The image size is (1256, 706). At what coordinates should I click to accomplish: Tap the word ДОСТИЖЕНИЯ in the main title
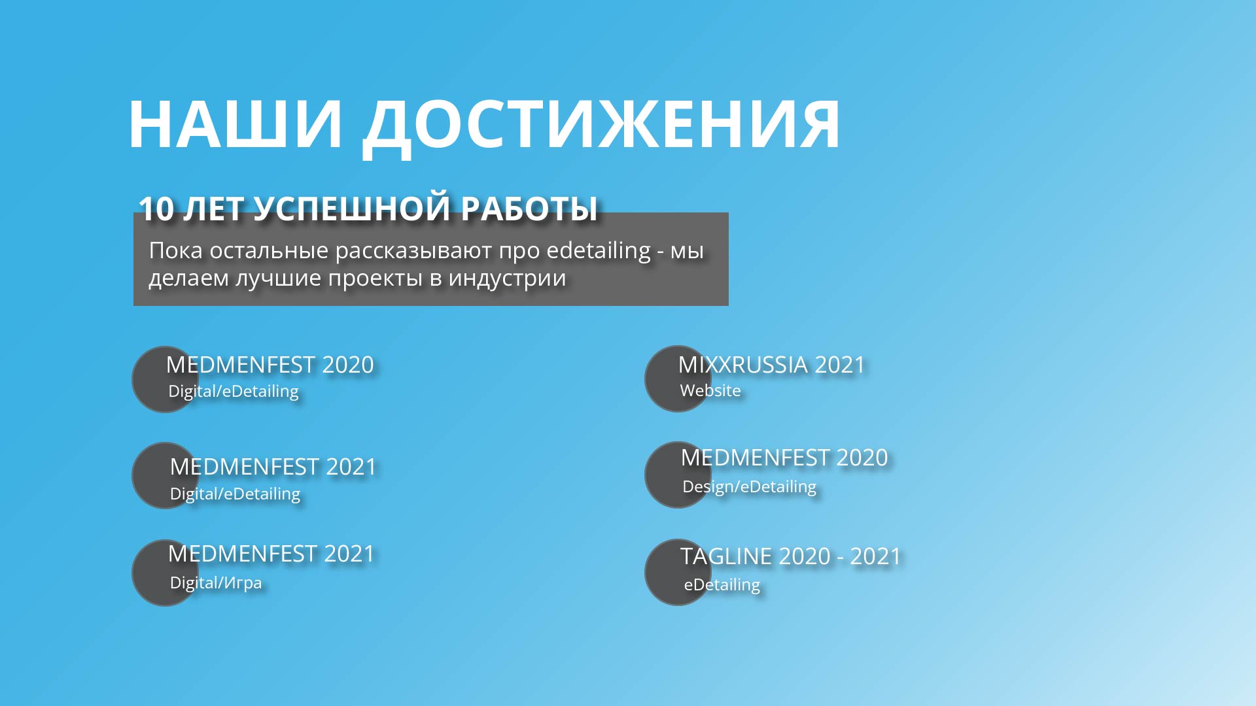coord(601,128)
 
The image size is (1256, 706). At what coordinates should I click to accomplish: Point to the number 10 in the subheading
coord(156,209)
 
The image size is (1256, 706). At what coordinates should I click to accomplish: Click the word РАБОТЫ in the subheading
coord(529,209)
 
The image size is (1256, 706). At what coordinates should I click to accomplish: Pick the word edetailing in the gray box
coord(599,251)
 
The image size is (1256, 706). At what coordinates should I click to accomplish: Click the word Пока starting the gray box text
coord(176,250)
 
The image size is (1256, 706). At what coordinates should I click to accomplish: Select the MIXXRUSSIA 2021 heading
coord(771,365)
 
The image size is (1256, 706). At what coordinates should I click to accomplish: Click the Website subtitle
coord(710,390)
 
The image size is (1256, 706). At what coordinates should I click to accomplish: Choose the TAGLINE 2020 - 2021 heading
coord(790,556)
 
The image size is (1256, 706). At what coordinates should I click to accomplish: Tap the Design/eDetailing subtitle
coord(749,487)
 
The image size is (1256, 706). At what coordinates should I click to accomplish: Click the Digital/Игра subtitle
coord(216,582)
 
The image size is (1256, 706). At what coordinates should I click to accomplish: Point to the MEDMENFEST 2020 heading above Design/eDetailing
coord(784,458)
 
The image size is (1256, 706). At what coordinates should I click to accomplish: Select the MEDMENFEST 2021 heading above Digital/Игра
coord(271,554)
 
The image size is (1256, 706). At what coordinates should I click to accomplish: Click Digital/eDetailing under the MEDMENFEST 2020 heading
coord(234,392)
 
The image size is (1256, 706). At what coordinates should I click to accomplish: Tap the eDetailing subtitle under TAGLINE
coord(722,584)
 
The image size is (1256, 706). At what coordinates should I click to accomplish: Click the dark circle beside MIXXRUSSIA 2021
coord(678,379)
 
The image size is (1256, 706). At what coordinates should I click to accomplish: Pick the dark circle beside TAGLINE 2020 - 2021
coord(678,572)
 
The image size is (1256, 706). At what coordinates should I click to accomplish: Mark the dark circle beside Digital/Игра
coord(165,573)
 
